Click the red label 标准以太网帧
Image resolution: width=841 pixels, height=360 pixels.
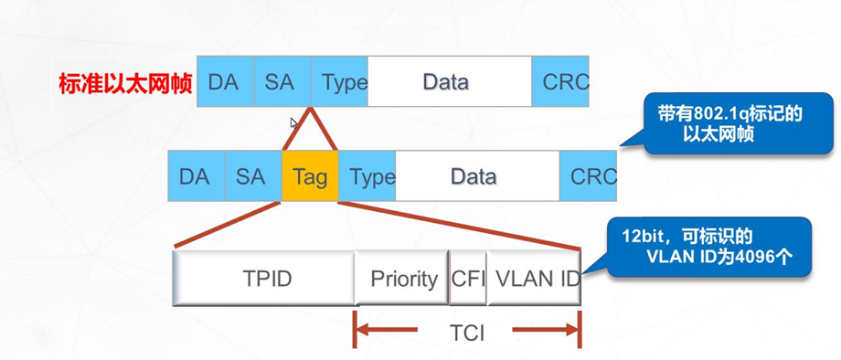tap(125, 83)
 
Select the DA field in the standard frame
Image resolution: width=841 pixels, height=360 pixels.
tap(224, 81)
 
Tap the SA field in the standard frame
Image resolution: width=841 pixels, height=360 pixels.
tap(282, 81)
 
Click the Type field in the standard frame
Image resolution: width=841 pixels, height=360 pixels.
tap(340, 81)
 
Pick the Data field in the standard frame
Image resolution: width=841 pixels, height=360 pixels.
tap(448, 81)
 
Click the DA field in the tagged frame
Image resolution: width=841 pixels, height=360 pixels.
tap(196, 176)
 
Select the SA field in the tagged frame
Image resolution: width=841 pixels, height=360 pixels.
tap(251, 176)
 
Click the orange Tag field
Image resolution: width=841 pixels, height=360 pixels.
tap(310, 176)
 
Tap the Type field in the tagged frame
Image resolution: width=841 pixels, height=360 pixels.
tap(367, 176)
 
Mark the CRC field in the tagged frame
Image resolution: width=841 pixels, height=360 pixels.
tap(590, 176)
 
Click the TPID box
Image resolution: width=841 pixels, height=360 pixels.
tap(264, 278)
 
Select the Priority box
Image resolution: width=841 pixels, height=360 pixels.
tap(402, 278)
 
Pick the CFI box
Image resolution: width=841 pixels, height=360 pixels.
tap(468, 278)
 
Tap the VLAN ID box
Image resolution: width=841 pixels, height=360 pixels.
tap(534, 278)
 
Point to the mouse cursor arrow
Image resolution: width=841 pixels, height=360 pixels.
tap(293, 123)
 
